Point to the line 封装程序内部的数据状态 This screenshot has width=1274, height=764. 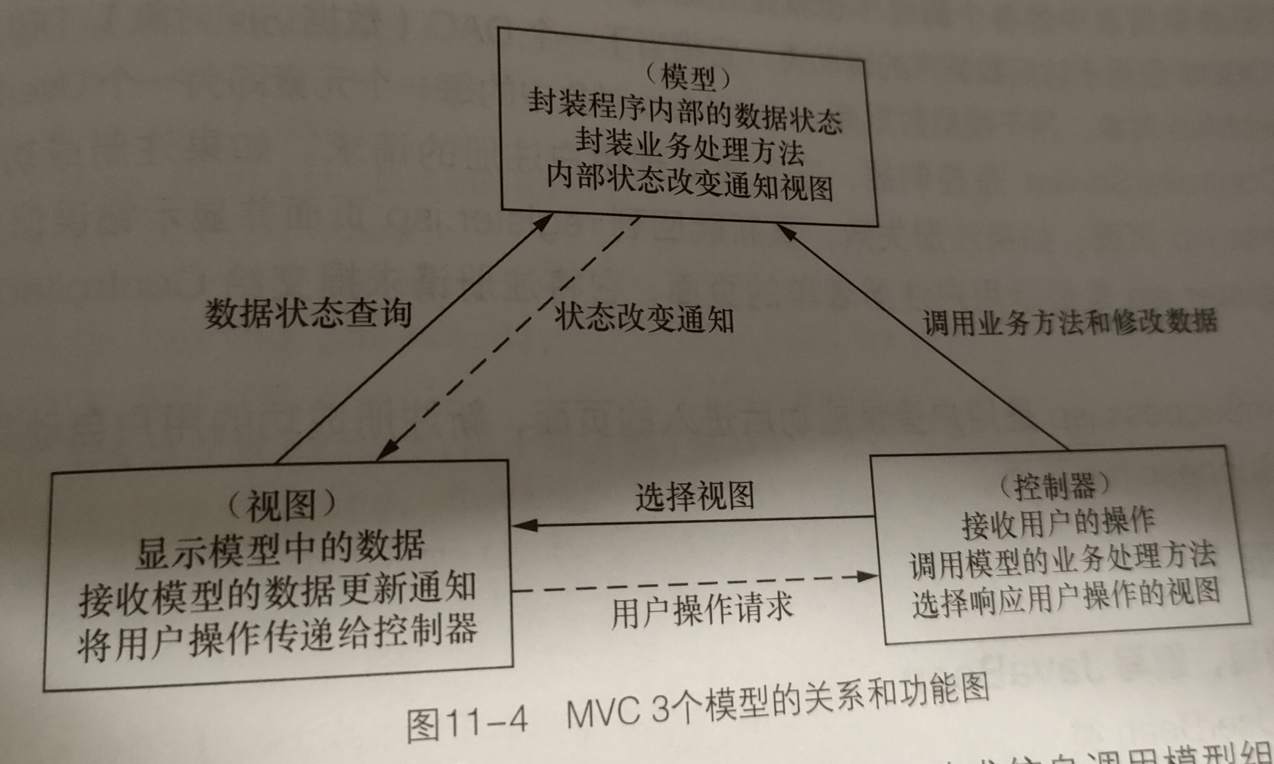(x=685, y=112)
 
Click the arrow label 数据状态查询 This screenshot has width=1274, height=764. (x=309, y=314)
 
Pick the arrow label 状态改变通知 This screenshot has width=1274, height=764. (x=644, y=318)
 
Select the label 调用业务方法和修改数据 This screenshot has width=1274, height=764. (x=1070, y=322)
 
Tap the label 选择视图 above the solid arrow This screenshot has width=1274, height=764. (x=695, y=496)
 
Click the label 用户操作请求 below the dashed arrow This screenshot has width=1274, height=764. (x=702, y=610)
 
